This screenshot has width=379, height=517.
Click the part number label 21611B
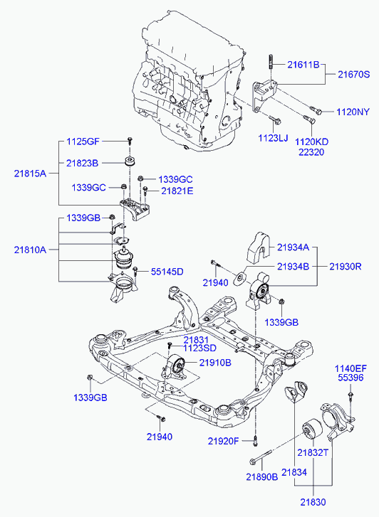[x=303, y=65]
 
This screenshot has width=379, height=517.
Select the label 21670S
[x=353, y=75]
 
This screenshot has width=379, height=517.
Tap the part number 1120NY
[x=353, y=112]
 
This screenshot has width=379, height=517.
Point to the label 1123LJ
[x=273, y=138]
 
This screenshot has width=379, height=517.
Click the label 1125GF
[x=83, y=142]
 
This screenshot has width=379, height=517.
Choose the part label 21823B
[x=82, y=164]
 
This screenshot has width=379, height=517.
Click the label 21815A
[x=30, y=174]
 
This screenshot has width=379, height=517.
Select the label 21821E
[x=177, y=191]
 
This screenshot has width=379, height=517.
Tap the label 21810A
[x=30, y=250]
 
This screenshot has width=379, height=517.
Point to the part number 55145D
[x=167, y=272]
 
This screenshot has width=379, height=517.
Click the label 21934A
[x=293, y=247]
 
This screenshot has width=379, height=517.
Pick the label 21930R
[x=346, y=267]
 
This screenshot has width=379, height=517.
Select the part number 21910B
[x=215, y=363]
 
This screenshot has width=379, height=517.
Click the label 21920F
[x=223, y=441]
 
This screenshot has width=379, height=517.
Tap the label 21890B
[x=262, y=476]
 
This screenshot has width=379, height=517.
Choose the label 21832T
[x=313, y=453]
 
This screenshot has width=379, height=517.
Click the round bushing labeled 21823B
[x=130, y=162]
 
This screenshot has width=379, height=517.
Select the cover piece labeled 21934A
[x=258, y=248]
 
